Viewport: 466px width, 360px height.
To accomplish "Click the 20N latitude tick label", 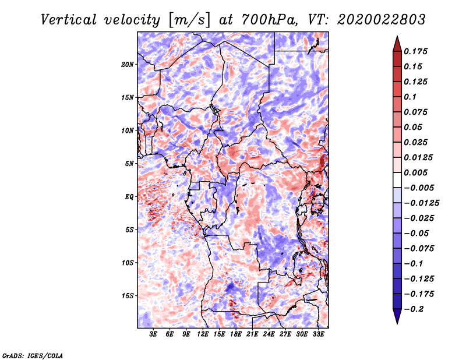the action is coord(128,65).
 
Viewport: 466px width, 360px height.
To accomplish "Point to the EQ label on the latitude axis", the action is coord(129,197).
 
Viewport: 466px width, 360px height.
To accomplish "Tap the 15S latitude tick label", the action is coord(128,296).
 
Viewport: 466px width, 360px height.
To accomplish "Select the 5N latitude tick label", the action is coord(129,164).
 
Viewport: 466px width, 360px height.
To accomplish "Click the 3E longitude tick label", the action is coord(153,334).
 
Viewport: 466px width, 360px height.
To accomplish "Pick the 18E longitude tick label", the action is coord(236,334).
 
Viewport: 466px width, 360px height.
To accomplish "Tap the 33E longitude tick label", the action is coord(318,334).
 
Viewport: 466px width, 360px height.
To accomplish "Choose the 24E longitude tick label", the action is coord(269,334).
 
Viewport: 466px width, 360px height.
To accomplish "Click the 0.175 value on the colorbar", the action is coord(415,51).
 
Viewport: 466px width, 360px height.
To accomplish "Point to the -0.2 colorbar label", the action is coord(414,309).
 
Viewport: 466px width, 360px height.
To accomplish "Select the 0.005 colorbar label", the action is coord(415,172).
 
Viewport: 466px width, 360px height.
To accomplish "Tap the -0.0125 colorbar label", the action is coord(421,203).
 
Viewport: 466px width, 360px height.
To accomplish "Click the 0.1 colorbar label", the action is coord(410,97).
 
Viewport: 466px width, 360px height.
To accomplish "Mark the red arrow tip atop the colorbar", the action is coord(397,37).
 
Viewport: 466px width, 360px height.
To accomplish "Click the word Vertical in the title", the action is coord(69,20).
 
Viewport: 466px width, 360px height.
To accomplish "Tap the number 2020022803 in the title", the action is coord(382,20).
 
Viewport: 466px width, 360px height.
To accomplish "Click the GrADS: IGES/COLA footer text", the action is coord(33,355).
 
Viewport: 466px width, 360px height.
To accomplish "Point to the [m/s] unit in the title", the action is coord(189,20).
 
